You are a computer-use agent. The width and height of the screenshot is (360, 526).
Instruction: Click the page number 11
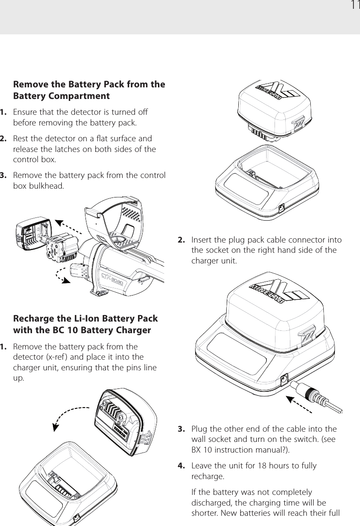[354, 6]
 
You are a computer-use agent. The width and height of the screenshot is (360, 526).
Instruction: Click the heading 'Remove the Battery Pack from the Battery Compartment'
[89, 90]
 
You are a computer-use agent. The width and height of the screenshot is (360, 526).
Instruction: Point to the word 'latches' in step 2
[71, 149]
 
